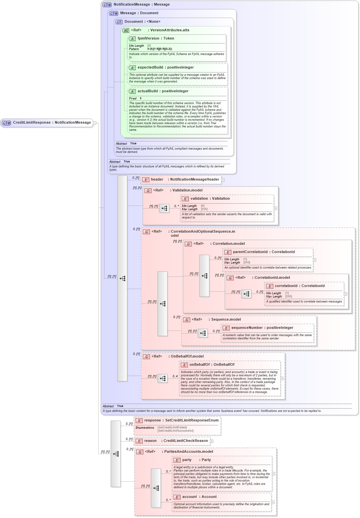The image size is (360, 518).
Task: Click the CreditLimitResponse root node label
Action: point(32,123)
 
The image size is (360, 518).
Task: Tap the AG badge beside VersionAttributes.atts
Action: point(126,30)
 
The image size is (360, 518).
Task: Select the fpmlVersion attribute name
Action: point(148,39)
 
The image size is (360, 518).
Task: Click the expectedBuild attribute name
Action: point(150,68)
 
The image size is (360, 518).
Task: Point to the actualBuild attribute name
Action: point(147,91)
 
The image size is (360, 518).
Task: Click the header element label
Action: point(157,180)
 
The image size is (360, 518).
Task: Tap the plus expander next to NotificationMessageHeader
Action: point(223,180)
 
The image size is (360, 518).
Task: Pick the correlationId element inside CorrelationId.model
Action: point(286,286)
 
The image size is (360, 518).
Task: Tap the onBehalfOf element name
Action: point(199,365)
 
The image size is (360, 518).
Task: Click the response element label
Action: point(152,420)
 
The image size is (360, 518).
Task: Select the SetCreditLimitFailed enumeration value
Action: point(172,427)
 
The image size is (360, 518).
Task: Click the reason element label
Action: point(150,441)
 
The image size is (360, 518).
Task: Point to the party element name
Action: point(187,460)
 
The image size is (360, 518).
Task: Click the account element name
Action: point(190,497)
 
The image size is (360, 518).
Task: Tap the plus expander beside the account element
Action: point(273,503)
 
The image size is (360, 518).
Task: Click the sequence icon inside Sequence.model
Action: point(203,333)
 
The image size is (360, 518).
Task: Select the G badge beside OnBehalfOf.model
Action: point(146,357)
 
